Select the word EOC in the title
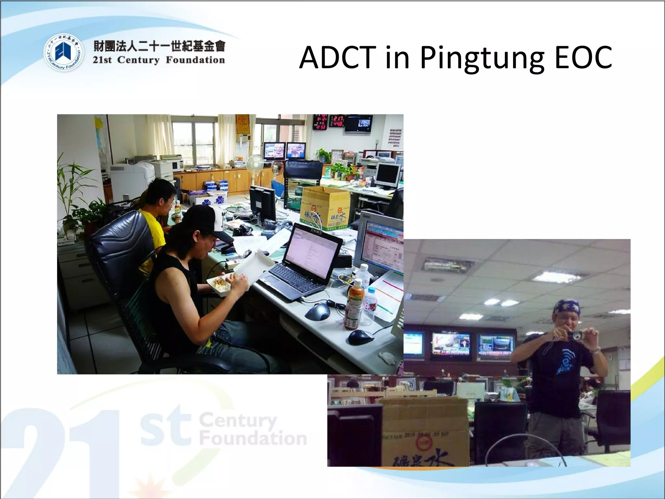(x=583, y=58)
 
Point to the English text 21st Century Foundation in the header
(x=159, y=60)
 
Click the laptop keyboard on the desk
(x=294, y=281)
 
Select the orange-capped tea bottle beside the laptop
(x=352, y=305)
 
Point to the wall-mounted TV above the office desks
(x=358, y=124)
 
